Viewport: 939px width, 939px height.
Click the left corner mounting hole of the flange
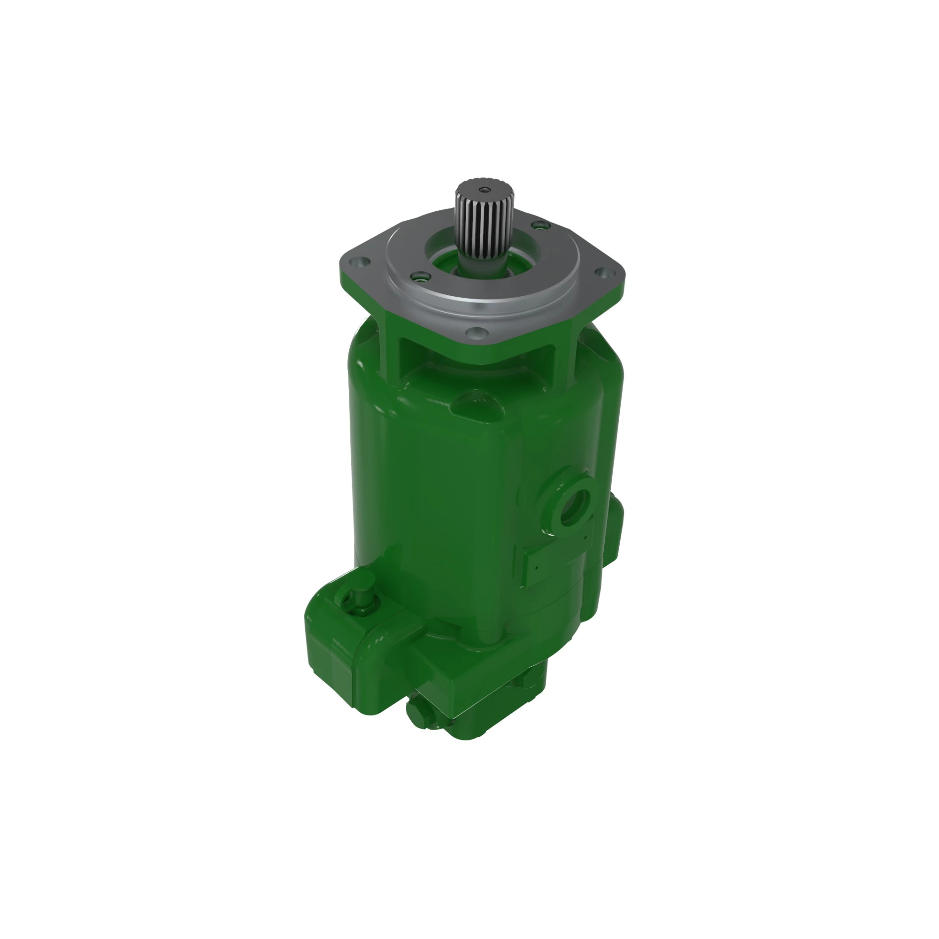pos(360,263)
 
